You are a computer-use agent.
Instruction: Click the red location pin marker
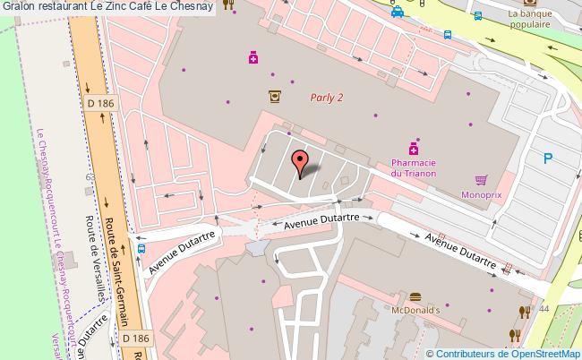pos(302,162)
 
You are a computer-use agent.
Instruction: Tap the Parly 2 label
pos(326,99)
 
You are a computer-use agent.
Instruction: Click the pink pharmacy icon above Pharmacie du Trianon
pos(414,147)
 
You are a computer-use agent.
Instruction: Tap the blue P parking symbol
pos(548,159)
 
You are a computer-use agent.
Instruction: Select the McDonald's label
pos(415,310)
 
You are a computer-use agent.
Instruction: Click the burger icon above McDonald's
pos(415,296)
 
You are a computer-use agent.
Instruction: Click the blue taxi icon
pos(396,12)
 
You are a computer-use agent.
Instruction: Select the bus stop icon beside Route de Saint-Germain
pos(141,250)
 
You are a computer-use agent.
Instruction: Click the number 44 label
pos(543,307)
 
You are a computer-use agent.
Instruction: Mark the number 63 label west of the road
pos(90,177)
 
